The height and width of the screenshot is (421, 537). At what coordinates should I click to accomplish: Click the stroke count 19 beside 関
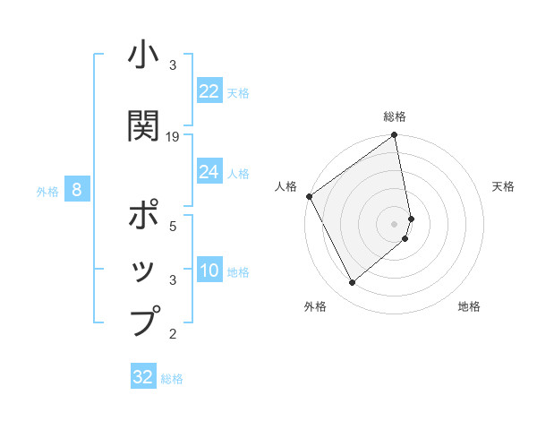click(x=173, y=137)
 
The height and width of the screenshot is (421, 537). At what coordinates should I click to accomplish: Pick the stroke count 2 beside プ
click(x=173, y=334)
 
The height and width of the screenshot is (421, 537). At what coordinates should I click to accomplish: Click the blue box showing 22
click(x=209, y=91)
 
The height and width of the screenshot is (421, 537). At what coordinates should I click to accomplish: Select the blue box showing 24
click(x=209, y=172)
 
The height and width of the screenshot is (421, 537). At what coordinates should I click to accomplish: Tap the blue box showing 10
click(x=209, y=271)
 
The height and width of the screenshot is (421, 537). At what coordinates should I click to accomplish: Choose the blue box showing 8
click(x=77, y=190)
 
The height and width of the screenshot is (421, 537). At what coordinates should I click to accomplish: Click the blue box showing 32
click(x=143, y=377)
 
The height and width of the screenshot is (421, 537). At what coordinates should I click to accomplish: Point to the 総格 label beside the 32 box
click(x=172, y=379)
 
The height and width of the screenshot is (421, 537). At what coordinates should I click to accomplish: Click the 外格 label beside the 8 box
click(x=47, y=192)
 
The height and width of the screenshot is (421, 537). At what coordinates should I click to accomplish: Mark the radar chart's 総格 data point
click(x=394, y=136)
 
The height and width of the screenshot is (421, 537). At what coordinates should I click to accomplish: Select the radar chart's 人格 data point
click(x=309, y=196)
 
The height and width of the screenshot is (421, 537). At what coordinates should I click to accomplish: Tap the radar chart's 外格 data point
click(x=353, y=283)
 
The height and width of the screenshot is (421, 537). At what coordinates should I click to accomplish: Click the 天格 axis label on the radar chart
click(x=504, y=186)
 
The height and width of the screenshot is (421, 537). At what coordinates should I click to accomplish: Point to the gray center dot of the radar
click(x=395, y=224)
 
